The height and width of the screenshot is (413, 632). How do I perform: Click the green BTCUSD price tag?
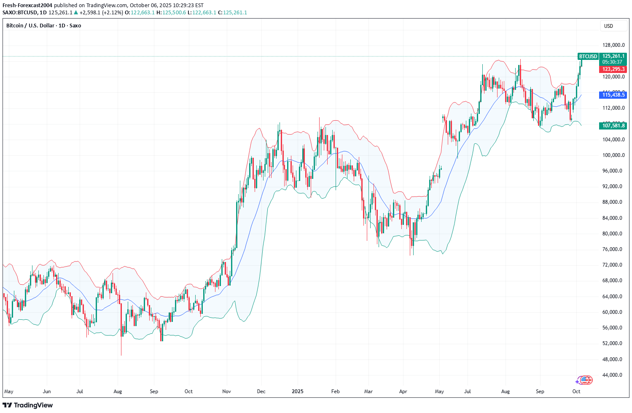coord(588,56)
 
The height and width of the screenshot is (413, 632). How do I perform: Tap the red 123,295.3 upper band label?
coord(613,69)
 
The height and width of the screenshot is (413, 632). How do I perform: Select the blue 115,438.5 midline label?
coord(613,95)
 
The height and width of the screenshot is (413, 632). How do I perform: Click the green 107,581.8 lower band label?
coord(613,126)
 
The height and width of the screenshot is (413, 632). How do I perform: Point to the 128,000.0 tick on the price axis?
coord(613,45)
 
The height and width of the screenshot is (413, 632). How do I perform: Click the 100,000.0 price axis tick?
coord(613,155)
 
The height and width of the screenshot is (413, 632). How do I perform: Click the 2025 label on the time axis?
coord(298,391)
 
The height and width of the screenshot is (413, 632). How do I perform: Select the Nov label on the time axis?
coord(226,391)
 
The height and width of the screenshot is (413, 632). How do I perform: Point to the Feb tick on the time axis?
coord(335,391)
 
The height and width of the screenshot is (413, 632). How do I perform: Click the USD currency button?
coord(608,26)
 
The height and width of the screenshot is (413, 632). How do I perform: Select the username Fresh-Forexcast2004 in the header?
coord(27,5)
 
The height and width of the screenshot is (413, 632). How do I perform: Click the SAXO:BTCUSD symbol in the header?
coord(20,13)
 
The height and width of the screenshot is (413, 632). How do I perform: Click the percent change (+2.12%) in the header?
coord(113,13)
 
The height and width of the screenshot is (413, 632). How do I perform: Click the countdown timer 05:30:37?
coord(612,62)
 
